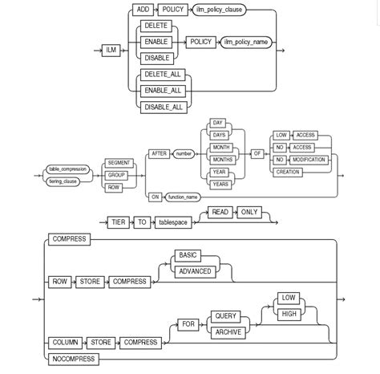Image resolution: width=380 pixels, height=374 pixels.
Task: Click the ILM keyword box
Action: [x=111, y=50]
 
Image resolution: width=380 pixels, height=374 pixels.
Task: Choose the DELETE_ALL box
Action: [x=160, y=75]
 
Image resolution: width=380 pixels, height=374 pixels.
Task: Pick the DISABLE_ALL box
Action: [x=160, y=105]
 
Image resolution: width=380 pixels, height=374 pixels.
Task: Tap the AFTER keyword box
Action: [x=160, y=153]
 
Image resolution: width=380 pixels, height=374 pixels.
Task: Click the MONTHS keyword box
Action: [x=220, y=159]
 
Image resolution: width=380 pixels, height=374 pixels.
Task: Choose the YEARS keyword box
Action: [x=220, y=184]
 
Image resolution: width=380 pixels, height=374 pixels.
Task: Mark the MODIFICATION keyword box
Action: [x=308, y=159]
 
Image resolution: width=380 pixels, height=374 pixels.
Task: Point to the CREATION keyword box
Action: [x=287, y=172]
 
